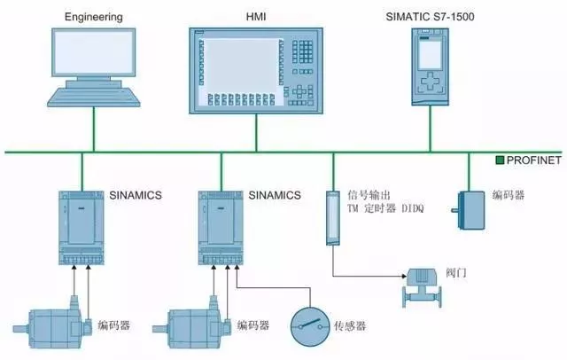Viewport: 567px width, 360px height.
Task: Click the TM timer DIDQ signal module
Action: pyautogui.click(x=333, y=217)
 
